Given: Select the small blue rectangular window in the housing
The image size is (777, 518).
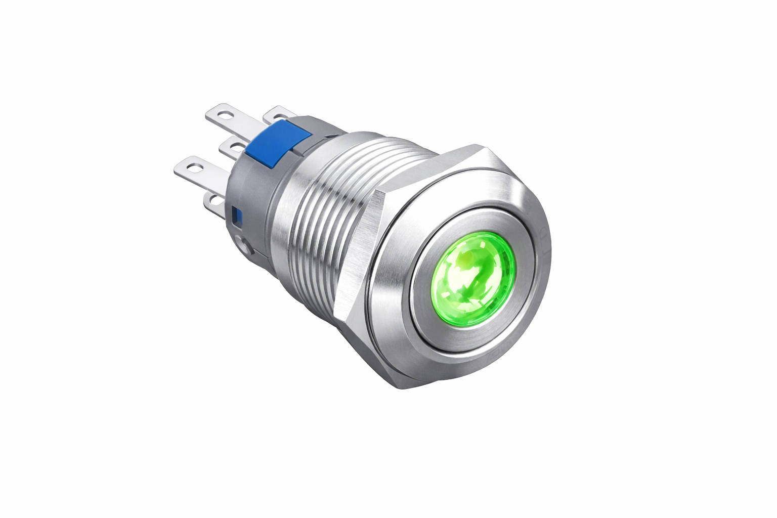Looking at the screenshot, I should point(236,216).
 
